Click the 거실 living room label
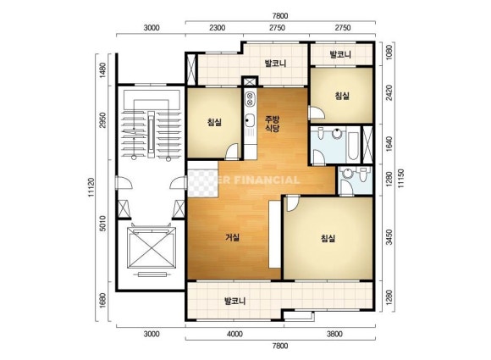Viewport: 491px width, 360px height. pyautogui.click(x=232, y=237)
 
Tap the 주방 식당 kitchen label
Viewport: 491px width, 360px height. pyautogui.click(x=272, y=124)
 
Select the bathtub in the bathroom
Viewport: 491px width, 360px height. pyautogui.click(x=353, y=146)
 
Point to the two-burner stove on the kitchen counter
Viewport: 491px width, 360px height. pyautogui.click(x=250, y=99)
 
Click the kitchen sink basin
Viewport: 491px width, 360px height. pyautogui.click(x=250, y=120)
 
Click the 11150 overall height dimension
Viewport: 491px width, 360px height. pyautogui.click(x=400, y=178)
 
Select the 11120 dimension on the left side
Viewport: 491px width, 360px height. pyautogui.click(x=91, y=187)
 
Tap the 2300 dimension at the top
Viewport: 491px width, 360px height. pyautogui.click(x=217, y=28)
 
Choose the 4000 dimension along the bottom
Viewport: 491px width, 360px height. pyautogui.click(x=234, y=334)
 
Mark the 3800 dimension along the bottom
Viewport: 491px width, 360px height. pyautogui.click(x=334, y=334)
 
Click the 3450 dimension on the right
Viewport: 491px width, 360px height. pyautogui.click(x=389, y=237)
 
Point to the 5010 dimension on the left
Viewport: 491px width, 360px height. pyautogui.click(x=102, y=223)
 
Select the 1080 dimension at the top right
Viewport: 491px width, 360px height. pyautogui.click(x=389, y=53)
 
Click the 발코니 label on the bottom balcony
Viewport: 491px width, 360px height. pyautogui.click(x=234, y=302)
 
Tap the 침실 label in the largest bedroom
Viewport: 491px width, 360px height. pyautogui.click(x=328, y=238)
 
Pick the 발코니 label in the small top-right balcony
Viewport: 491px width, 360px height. pyautogui.click(x=340, y=54)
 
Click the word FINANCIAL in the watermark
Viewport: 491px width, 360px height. pyautogui.click(x=267, y=180)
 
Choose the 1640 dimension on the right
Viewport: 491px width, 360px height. pyautogui.click(x=389, y=143)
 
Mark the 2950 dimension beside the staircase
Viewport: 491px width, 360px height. pyautogui.click(x=102, y=120)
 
